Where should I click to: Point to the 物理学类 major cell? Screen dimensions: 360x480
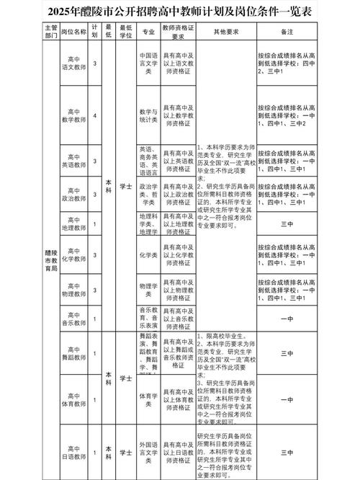click(149, 285)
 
